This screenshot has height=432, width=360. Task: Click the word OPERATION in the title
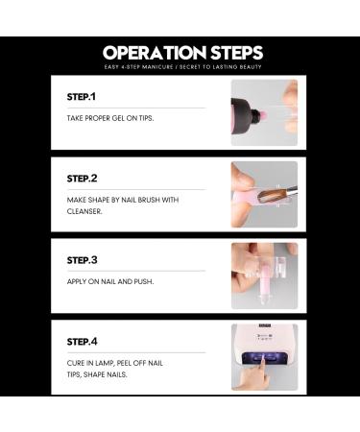(x=155, y=53)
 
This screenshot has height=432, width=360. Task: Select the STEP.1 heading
(x=82, y=97)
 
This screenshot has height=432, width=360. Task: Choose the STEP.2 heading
(x=82, y=179)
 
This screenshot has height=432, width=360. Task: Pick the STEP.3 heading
(x=82, y=260)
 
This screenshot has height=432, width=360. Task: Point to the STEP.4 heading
(x=82, y=342)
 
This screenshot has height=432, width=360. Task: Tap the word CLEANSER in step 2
(x=84, y=211)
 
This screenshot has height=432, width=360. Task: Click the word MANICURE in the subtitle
(x=157, y=67)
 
